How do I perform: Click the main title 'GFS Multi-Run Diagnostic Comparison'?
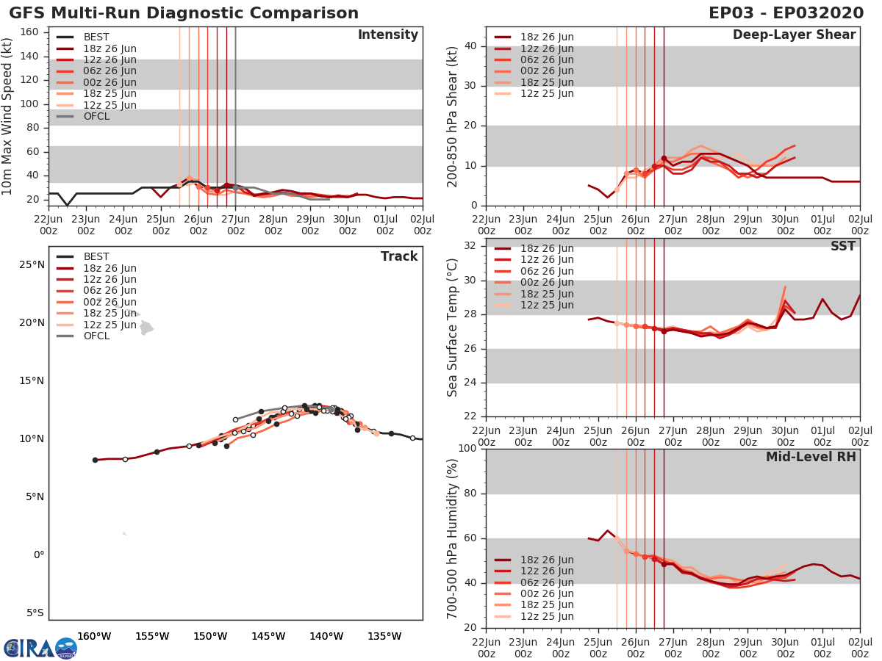184,13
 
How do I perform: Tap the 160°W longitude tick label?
94,636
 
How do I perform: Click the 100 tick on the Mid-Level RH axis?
467,449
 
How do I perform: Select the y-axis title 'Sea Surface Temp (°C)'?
451,327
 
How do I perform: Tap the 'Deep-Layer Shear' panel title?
794,35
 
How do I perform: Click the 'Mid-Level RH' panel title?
811,457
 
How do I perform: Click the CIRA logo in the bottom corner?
40,648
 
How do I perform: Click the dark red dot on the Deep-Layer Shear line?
664,158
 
